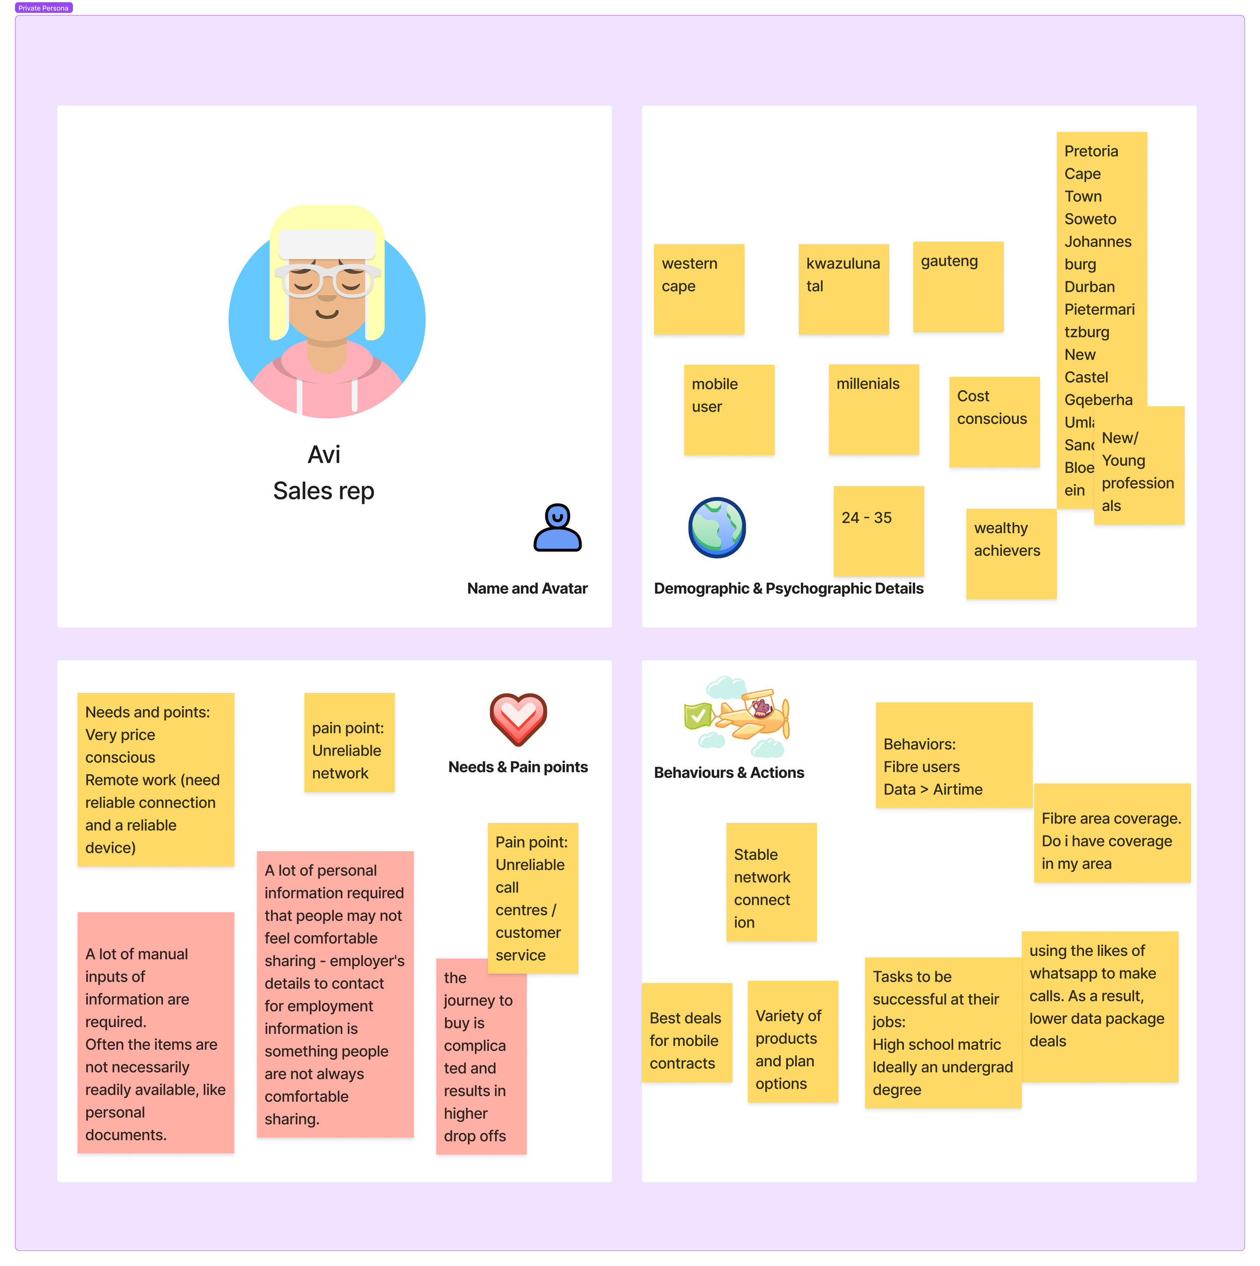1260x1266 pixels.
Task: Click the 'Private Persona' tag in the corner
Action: pyautogui.click(x=43, y=8)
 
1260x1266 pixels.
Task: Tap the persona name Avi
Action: pyautogui.click(x=324, y=455)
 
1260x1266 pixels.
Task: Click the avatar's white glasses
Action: pyautogui.click(x=326, y=280)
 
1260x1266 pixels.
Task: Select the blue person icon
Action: pyautogui.click(x=557, y=528)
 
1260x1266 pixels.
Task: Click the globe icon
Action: pyautogui.click(x=717, y=528)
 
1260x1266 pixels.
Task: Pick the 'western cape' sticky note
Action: pyautogui.click(x=699, y=289)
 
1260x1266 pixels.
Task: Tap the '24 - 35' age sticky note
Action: pyautogui.click(x=878, y=531)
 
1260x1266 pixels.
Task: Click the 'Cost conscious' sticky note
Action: pyautogui.click(x=994, y=421)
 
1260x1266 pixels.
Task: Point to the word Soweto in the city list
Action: pyautogui.click(x=1090, y=219)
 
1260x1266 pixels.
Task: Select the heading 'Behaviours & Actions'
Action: pyautogui.click(x=729, y=773)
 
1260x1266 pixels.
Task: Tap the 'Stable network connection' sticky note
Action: pyautogui.click(x=771, y=881)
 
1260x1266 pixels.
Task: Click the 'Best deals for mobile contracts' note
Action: pyautogui.click(x=686, y=1032)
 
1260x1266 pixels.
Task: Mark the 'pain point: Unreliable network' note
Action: pyautogui.click(x=349, y=742)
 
